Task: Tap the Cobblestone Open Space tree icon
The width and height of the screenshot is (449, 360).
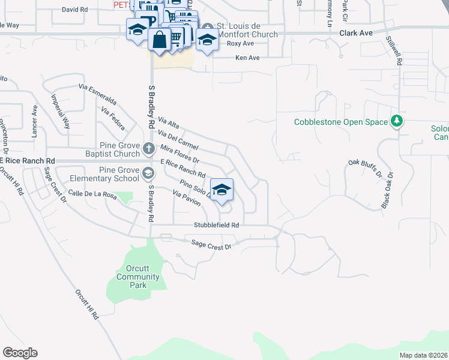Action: [396, 122]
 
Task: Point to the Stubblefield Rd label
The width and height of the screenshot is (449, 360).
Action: [217, 225]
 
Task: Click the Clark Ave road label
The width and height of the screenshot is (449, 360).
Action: [357, 34]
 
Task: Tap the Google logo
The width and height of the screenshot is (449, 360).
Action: [20, 353]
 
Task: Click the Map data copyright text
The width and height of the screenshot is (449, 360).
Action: [423, 355]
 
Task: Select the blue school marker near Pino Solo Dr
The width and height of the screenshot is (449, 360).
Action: [221, 190]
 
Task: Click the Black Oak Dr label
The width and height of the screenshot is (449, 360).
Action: [387, 191]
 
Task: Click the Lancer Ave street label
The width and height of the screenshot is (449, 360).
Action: [35, 119]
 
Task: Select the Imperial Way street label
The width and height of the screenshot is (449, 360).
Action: [61, 112]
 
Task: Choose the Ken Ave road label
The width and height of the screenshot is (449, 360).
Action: [247, 58]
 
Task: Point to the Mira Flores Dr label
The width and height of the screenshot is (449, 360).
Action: [179, 154]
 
